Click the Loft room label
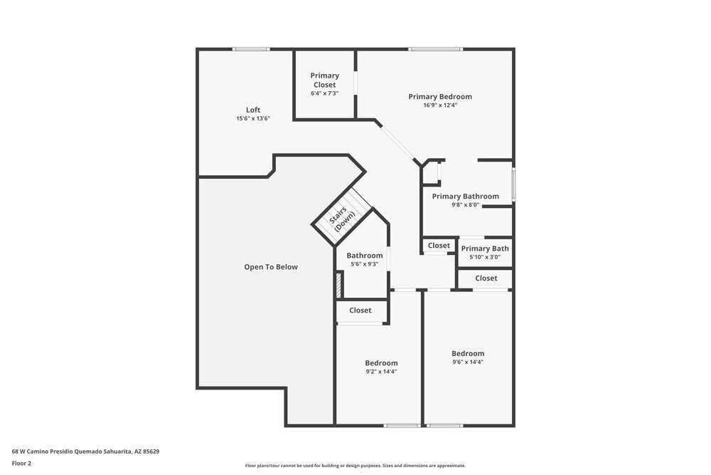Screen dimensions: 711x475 click(x=253, y=110)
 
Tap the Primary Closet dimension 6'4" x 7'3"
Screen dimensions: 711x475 click(x=325, y=93)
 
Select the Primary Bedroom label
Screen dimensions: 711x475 click(x=440, y=97)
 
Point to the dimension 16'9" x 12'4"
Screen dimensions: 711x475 click(x=440, y=105)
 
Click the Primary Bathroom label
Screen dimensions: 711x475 click(x=465, y=197)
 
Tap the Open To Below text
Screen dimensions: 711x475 click(x=271, y=267)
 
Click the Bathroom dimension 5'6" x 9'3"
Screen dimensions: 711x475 click(x=365, y=264)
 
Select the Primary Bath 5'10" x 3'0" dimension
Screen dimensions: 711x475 click(x=485, y=257)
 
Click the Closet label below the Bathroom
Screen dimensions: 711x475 click(x=360, y=310)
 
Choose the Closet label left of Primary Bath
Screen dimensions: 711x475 click(x=439, y=246)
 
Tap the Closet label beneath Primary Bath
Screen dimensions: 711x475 click(x=486, y=278)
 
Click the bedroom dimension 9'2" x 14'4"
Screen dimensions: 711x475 click(x=381, y=372)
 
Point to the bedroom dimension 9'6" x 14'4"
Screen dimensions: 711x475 click(x=468, y=362)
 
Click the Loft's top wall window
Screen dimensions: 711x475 click(x=251, y=49)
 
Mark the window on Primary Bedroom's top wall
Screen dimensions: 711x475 click(x=435, y=49)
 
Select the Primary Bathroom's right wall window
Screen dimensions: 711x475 click(x=513, y=184)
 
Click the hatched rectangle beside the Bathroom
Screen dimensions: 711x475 click(x=338, y=284)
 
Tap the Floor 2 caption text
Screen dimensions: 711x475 click(x=21, y=463)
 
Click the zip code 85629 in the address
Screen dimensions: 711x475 click(x=151, y=451)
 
